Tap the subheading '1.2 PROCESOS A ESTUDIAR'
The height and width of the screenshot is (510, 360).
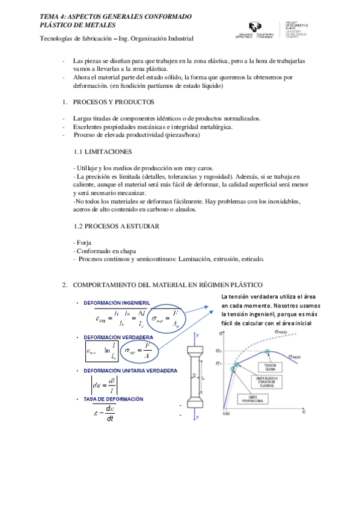[115, 226]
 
